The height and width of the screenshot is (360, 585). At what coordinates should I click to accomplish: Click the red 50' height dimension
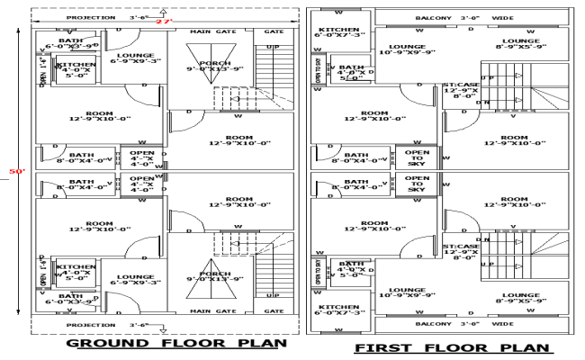(12, 170)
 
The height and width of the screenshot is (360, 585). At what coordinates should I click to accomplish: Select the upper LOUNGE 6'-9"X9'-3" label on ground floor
(137, 59)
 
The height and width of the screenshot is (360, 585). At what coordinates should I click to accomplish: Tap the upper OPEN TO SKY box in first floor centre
(416, 157)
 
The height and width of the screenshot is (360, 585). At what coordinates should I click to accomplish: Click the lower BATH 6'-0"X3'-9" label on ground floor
(70, 299)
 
